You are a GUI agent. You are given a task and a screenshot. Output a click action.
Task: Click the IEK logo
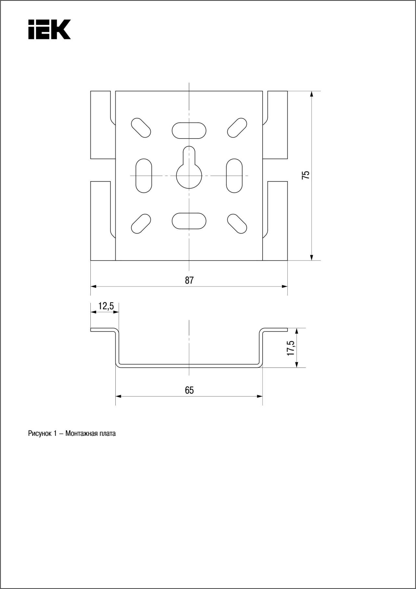49,29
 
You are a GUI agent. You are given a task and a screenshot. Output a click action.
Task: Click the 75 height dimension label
306,175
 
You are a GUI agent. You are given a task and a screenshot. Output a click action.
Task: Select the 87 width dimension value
189,280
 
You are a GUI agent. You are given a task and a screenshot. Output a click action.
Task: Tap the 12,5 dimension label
106,306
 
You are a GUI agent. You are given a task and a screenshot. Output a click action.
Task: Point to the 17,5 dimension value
291,348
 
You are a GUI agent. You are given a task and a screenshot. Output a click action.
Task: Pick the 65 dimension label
189,390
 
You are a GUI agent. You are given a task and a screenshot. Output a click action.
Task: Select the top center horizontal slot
189,130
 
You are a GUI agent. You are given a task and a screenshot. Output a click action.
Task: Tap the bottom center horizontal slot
189,221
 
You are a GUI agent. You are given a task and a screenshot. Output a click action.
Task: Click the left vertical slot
144,176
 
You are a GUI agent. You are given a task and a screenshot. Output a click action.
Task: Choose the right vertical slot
234,176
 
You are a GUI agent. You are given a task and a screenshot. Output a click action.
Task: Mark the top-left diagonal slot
141,128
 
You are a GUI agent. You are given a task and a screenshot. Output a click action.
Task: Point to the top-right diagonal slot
237,128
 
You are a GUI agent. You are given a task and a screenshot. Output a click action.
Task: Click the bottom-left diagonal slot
141,224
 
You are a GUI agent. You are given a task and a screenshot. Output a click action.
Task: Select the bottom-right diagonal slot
237,224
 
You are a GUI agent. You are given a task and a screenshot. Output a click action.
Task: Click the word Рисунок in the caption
40,434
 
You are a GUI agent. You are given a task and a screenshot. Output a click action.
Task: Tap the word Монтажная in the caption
82,434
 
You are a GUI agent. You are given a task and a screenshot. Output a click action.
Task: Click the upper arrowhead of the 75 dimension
311,94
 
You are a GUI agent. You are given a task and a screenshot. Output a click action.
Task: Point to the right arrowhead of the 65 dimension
259,396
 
